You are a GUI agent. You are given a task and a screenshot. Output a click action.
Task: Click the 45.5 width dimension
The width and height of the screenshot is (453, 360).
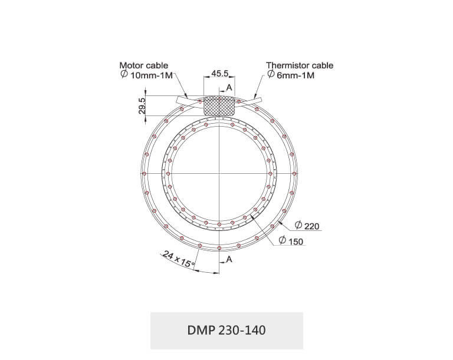click(219, 73)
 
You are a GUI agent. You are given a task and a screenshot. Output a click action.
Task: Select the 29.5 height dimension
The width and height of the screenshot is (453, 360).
click(142, 105)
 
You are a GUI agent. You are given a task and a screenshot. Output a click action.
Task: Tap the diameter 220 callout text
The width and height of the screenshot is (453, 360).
click(307, 226)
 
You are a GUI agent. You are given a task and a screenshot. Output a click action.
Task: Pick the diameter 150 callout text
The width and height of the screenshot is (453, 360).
click(291, 241)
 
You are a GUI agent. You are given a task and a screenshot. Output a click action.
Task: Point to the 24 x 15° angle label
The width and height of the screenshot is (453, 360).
click(178, 259)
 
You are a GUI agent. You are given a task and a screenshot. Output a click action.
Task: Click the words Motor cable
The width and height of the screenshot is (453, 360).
click(143, 65)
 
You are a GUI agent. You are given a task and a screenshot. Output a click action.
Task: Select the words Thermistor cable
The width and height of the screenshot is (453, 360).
click(300, 65)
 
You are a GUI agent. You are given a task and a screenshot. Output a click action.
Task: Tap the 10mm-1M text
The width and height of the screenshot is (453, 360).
click(152, 75)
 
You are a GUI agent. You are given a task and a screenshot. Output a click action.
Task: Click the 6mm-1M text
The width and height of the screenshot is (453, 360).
click(296, 75)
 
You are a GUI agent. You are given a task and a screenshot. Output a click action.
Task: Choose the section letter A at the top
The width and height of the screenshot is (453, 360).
click(229, 87)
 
